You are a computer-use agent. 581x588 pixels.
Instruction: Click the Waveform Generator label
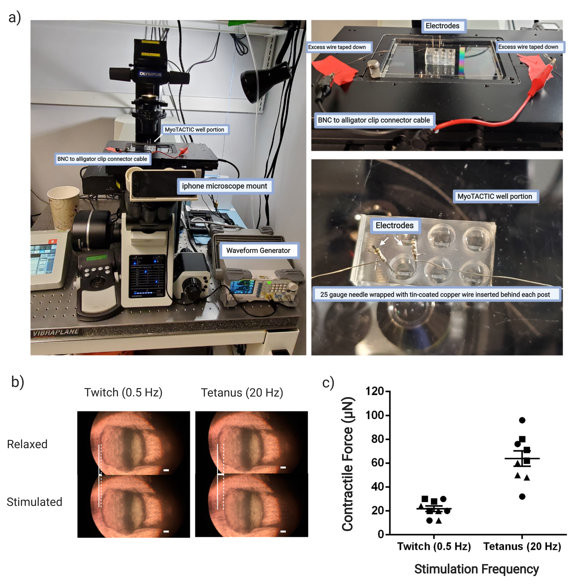(258, 251)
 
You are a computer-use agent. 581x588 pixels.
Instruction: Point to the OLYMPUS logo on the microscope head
(150, 74)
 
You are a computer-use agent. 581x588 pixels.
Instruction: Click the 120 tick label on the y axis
(375, 391)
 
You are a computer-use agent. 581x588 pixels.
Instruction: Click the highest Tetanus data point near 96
(522, 420)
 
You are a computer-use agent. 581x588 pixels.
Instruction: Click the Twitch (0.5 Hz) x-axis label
(434, 546)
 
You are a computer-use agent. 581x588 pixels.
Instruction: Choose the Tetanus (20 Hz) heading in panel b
(242, 393)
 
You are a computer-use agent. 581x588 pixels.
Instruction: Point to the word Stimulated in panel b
(34, 502)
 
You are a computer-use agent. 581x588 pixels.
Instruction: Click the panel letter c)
(328, 383)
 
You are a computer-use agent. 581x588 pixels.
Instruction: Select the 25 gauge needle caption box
(436, 294)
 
